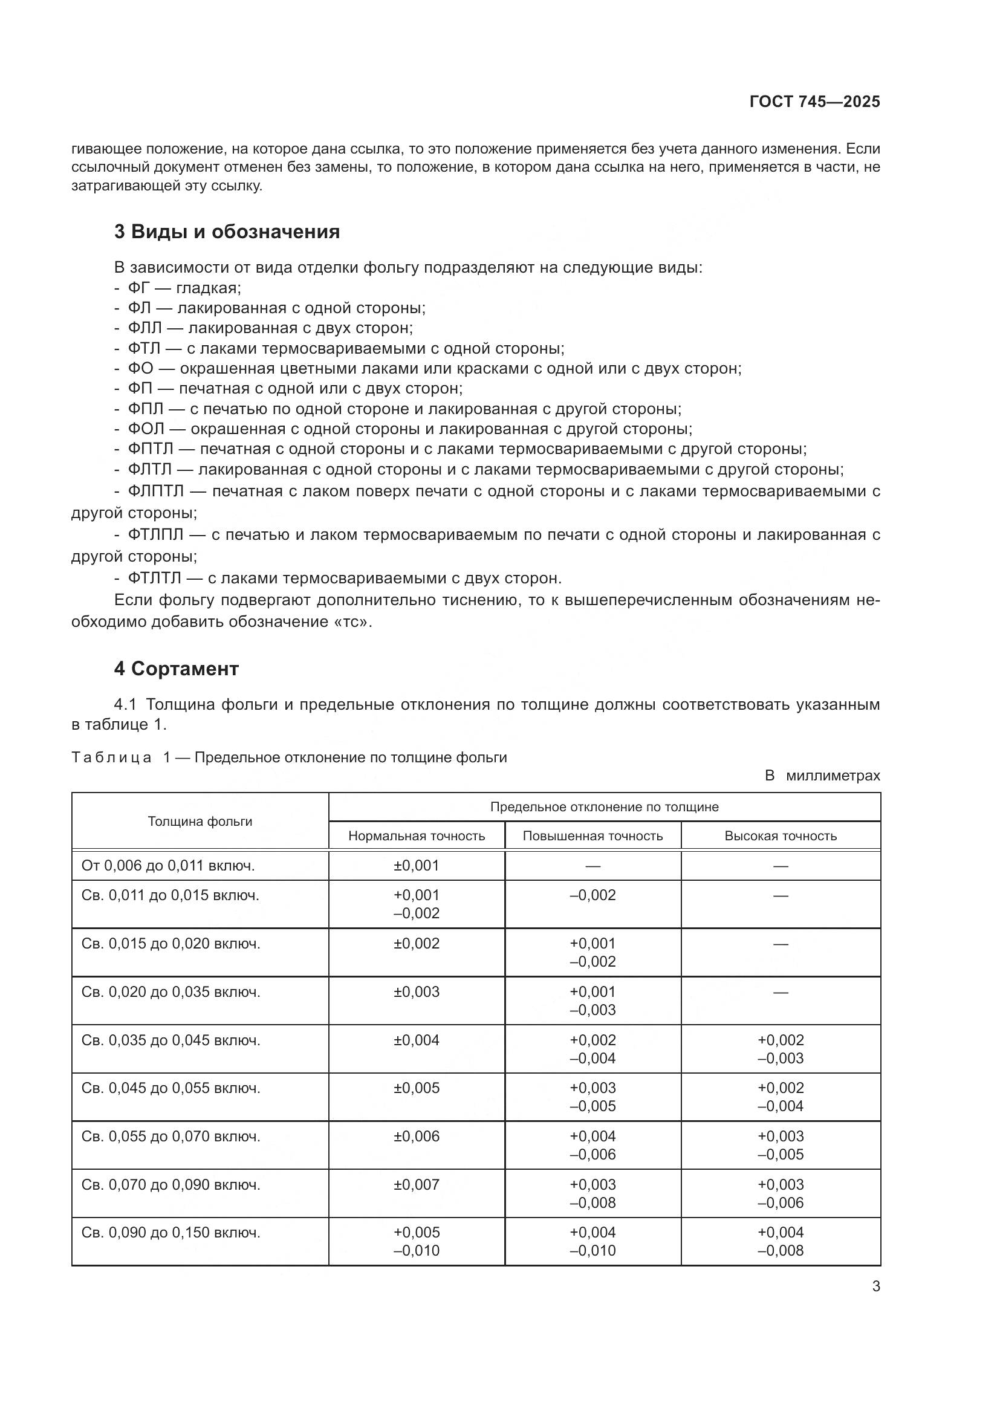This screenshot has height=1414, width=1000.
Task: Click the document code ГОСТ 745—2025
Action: (x=814, y=102)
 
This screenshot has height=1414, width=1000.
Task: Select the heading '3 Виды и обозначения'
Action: (x=227, y=232)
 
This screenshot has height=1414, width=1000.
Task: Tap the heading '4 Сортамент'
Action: (x=176, y=669)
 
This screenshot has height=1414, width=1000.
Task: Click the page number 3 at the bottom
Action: (x=875, y=1286)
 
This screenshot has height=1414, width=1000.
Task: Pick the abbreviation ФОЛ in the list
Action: (x=146, y=429)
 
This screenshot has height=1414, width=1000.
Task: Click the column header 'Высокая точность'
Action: (x=780, y=836)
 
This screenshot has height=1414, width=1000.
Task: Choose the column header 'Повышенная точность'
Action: (x=593, y=836)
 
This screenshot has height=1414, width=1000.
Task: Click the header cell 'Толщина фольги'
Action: (x=200, y=822)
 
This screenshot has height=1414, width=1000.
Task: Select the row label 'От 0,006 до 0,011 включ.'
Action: (x=167, y=866)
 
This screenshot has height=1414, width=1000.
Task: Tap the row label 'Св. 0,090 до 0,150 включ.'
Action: (x=170, y=1233)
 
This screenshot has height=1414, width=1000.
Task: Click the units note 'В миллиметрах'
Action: (x=822, y=776)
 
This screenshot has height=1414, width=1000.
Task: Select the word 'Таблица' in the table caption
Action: (x=111, y=757)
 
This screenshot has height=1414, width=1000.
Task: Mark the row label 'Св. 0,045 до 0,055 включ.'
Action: (x=170, y=1088)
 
